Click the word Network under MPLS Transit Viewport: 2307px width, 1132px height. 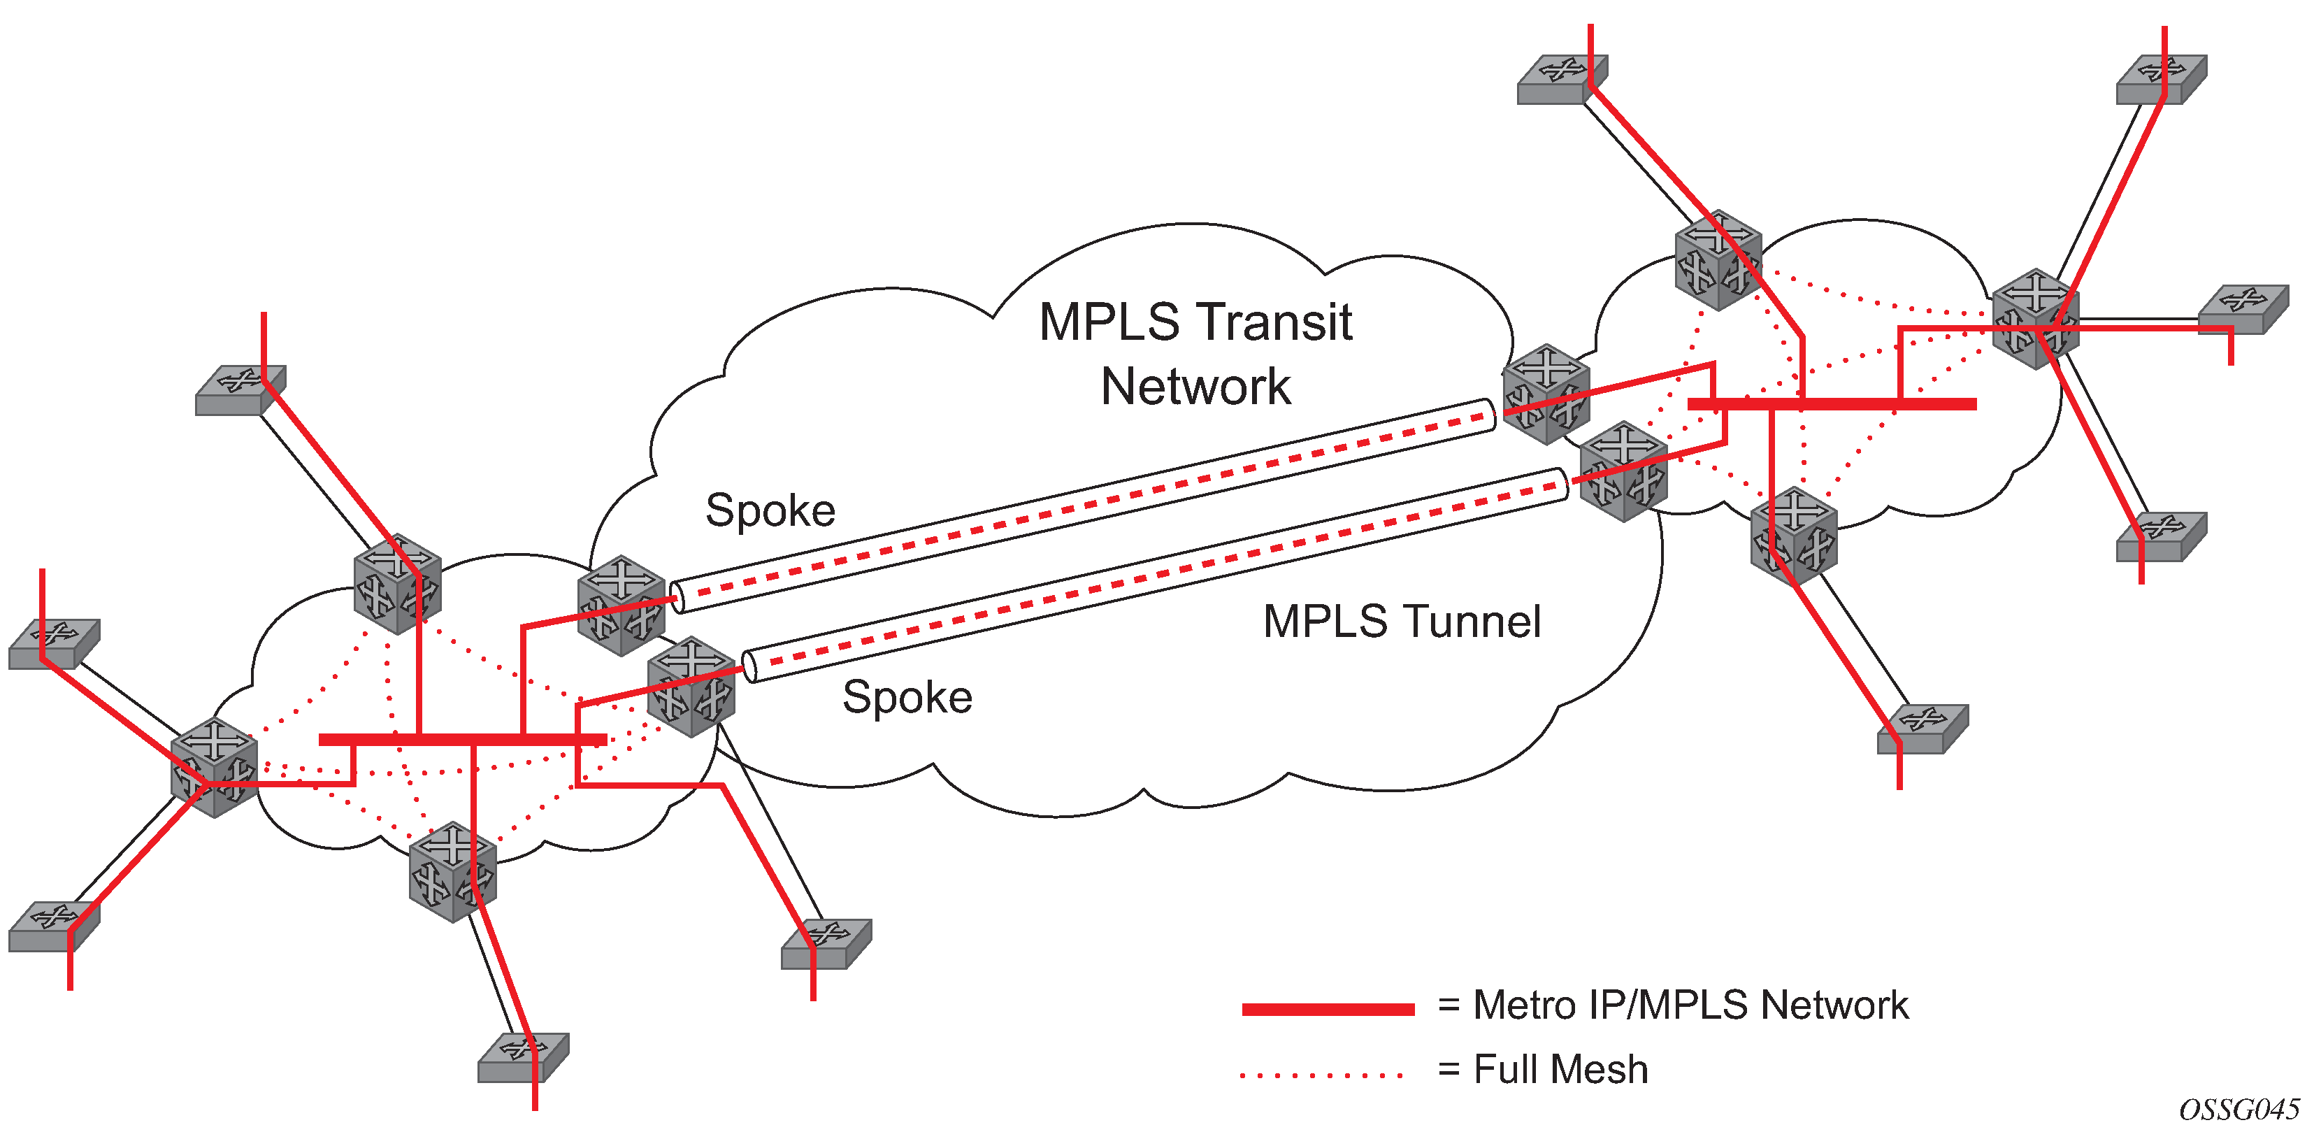tap(1195, 387)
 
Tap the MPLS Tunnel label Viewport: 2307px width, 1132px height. tap(1402, 622)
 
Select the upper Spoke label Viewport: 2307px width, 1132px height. tap(770, 510)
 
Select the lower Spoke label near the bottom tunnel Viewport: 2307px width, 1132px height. tap(907, 697)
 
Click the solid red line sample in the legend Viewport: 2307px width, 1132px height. tap(1328, 1010)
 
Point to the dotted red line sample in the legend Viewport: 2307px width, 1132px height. tap(1322, 1075)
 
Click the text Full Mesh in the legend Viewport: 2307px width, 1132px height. tap(1560, 1069)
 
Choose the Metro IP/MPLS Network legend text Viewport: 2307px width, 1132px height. tap(1691, 1005)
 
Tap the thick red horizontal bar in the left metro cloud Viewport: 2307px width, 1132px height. tap(462, 740)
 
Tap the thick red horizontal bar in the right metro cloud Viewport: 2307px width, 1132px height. tap(1832, 405)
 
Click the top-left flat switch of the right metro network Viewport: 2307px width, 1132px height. tap(1562, 79)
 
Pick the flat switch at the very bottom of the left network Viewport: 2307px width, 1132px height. tap(523, 1058)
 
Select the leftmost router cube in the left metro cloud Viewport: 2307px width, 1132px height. tap(214, 766)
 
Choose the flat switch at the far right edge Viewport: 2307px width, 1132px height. tap(2243, 309)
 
